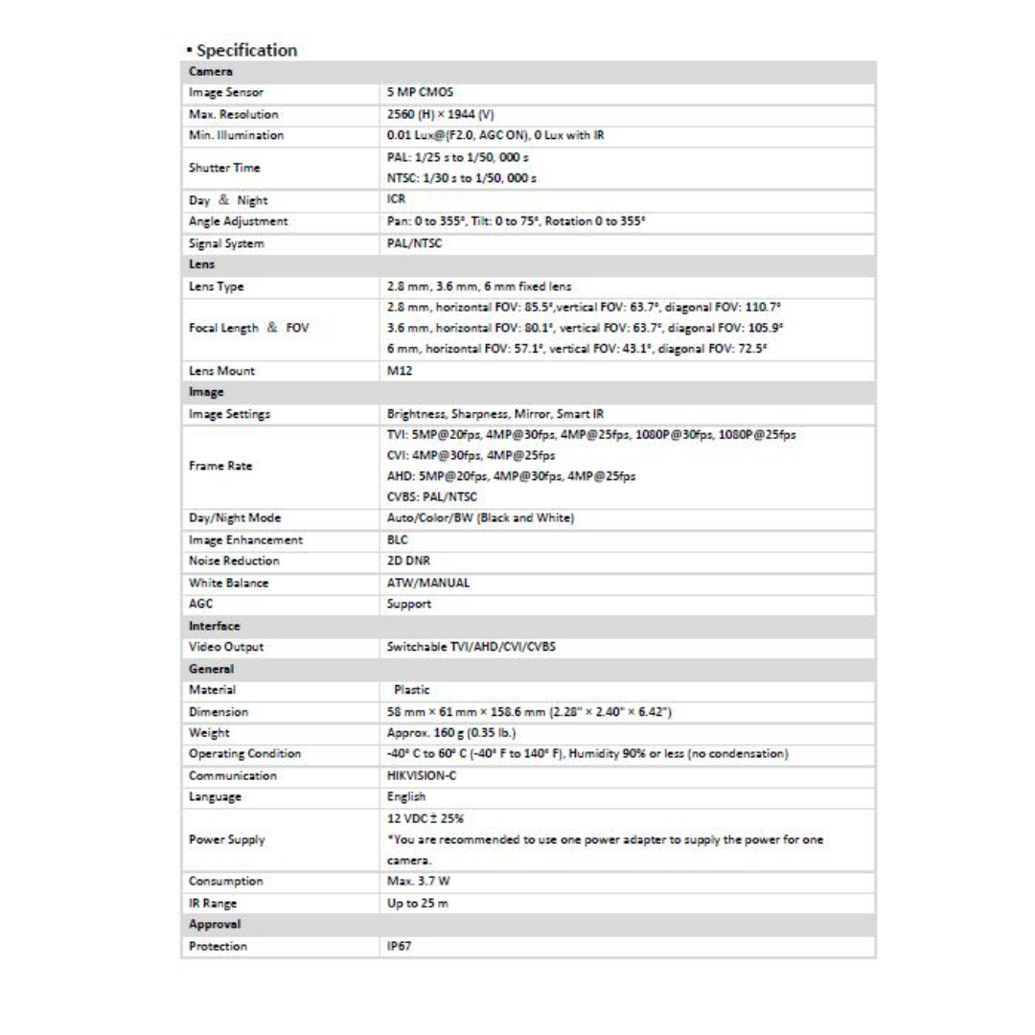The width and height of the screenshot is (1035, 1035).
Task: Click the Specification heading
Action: (241, 50)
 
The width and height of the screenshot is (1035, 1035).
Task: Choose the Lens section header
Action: (201, 264)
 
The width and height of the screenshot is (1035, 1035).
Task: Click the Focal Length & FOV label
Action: (246, 328)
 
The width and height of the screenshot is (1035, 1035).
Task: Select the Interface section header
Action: (214, 625)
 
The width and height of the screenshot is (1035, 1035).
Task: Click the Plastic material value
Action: (412, 689)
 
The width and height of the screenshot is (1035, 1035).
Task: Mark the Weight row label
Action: (209, 733)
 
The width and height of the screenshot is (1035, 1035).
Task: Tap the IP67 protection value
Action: (398, 946)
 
